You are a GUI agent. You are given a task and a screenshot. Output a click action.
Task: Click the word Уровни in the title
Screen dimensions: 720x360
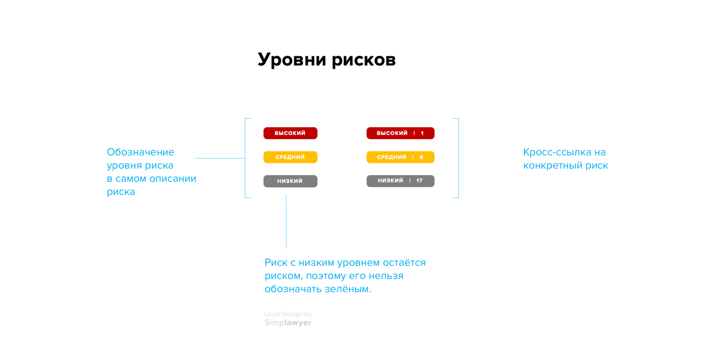pos(292,60)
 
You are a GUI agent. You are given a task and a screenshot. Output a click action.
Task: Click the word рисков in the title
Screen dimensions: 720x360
pos(364,60)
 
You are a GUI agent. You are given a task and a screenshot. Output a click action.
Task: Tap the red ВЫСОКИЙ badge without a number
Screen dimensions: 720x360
pos(290,133)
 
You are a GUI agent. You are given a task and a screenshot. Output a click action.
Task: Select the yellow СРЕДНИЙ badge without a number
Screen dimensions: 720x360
pos(290,157)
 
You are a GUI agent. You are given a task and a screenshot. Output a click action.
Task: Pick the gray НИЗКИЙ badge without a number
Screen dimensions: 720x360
pos(290,181)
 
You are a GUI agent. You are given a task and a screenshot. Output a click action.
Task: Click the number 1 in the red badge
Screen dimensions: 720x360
pos(422,133)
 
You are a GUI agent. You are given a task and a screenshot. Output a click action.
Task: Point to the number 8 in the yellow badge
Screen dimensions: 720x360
pos(421,157)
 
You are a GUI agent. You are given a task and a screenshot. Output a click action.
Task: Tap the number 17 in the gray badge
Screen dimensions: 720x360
pos(419,181)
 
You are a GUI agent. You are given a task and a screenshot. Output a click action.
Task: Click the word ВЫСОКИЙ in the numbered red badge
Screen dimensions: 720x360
pos(392,133)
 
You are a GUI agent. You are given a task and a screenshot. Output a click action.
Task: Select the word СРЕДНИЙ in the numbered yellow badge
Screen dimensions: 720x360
pos(391,157)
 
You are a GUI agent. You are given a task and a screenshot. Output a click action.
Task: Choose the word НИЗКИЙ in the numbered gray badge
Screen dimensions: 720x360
pos(390,181)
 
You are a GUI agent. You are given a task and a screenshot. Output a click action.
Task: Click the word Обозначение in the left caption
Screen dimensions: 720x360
pos(140,152)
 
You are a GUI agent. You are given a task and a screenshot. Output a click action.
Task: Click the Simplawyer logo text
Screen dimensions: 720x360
pos(288,323)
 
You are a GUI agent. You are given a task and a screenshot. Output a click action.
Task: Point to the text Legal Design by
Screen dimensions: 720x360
pos(288,314)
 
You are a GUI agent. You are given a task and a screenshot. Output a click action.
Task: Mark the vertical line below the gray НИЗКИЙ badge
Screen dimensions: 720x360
pos(286,221)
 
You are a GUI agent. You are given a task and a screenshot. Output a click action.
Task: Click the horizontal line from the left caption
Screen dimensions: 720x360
pos(221,158)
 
